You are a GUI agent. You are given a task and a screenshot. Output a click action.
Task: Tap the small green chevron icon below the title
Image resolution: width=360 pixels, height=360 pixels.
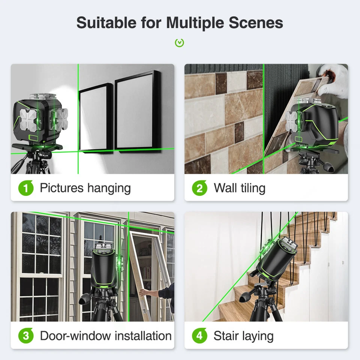180,43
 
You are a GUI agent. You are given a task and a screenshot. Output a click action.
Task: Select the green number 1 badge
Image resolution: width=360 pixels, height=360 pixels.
25,188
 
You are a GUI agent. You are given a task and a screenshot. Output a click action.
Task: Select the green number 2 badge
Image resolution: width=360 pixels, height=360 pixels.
199,188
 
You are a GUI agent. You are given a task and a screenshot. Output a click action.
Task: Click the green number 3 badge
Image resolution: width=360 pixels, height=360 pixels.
25,336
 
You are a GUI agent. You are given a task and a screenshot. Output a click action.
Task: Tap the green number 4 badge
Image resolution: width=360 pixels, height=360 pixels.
199,336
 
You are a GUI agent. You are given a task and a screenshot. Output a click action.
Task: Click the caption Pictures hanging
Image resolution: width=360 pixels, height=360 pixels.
85,188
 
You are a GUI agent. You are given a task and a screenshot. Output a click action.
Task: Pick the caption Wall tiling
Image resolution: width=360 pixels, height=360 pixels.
239,188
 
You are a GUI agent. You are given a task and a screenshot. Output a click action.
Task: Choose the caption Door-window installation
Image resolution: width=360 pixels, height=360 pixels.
106,336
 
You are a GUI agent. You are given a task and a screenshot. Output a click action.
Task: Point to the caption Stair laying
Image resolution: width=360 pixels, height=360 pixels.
243,336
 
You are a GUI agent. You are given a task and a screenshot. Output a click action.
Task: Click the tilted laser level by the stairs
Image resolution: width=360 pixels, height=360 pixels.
276,259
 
